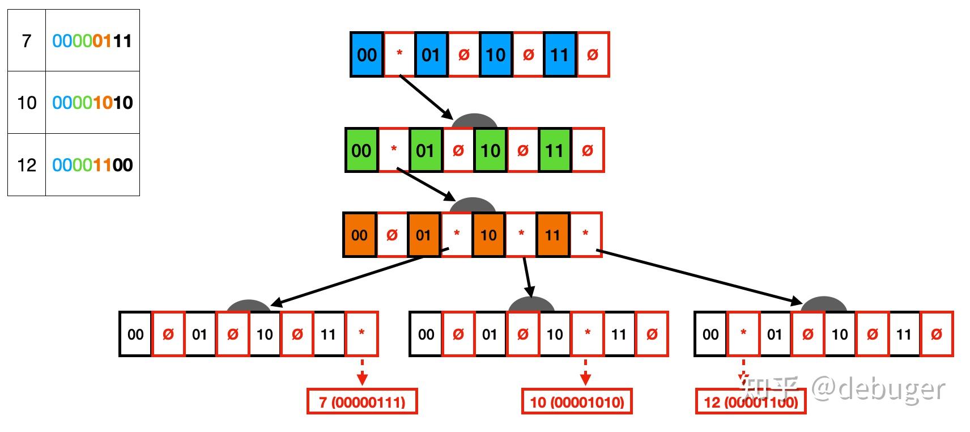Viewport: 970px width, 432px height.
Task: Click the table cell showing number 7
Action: coord(27,41)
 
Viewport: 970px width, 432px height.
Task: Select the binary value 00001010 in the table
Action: coord(92,103)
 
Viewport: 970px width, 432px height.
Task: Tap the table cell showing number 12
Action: coord(27,165)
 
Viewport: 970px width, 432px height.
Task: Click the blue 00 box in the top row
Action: coord(367,54)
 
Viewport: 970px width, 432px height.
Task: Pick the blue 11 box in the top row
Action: coord(560,54)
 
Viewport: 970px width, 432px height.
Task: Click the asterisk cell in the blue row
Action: coord(399,54)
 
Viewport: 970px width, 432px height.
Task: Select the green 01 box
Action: coord(426,150)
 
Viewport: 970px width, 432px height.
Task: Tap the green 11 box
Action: coord(555,150)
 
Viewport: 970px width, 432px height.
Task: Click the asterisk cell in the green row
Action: coord(394,150)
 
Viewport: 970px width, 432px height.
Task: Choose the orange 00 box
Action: coord(359,235)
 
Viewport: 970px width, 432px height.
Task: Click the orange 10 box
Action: coord(488,235)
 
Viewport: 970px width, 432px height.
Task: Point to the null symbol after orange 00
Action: coord(392,235)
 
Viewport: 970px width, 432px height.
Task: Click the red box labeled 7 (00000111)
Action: coord(362,402)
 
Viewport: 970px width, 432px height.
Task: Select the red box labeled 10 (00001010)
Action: coord(577,402)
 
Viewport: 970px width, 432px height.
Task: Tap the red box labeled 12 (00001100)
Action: coord(751,402)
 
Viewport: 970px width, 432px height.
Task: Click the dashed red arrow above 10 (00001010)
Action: coord(586,372)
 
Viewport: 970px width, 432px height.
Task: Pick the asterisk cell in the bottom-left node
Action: coord(361,333)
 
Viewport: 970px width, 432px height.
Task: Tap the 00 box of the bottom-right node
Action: coord(711,334)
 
